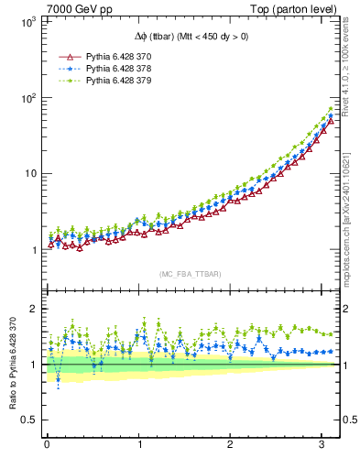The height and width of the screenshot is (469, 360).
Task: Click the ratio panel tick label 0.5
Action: (x=27, y=420)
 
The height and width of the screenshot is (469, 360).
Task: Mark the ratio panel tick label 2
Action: (x=31, y=309)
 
